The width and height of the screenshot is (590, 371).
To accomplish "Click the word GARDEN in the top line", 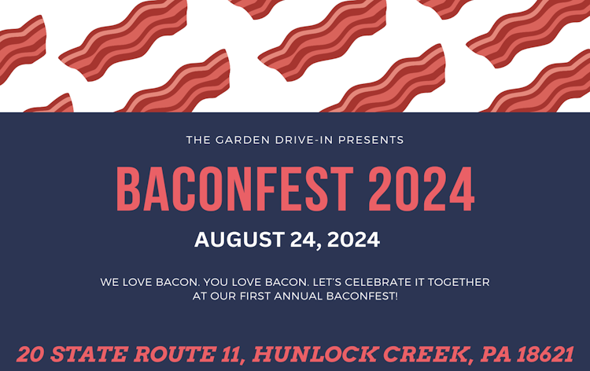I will click(x=234, y=140).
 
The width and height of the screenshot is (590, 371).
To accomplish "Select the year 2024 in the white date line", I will click(x=352, y=239).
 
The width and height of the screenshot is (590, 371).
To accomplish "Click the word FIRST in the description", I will click(x=254, y=296).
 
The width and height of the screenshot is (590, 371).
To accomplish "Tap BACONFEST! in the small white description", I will click(x=364, y=296).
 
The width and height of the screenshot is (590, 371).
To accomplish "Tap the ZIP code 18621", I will click(x=544, y=354).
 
